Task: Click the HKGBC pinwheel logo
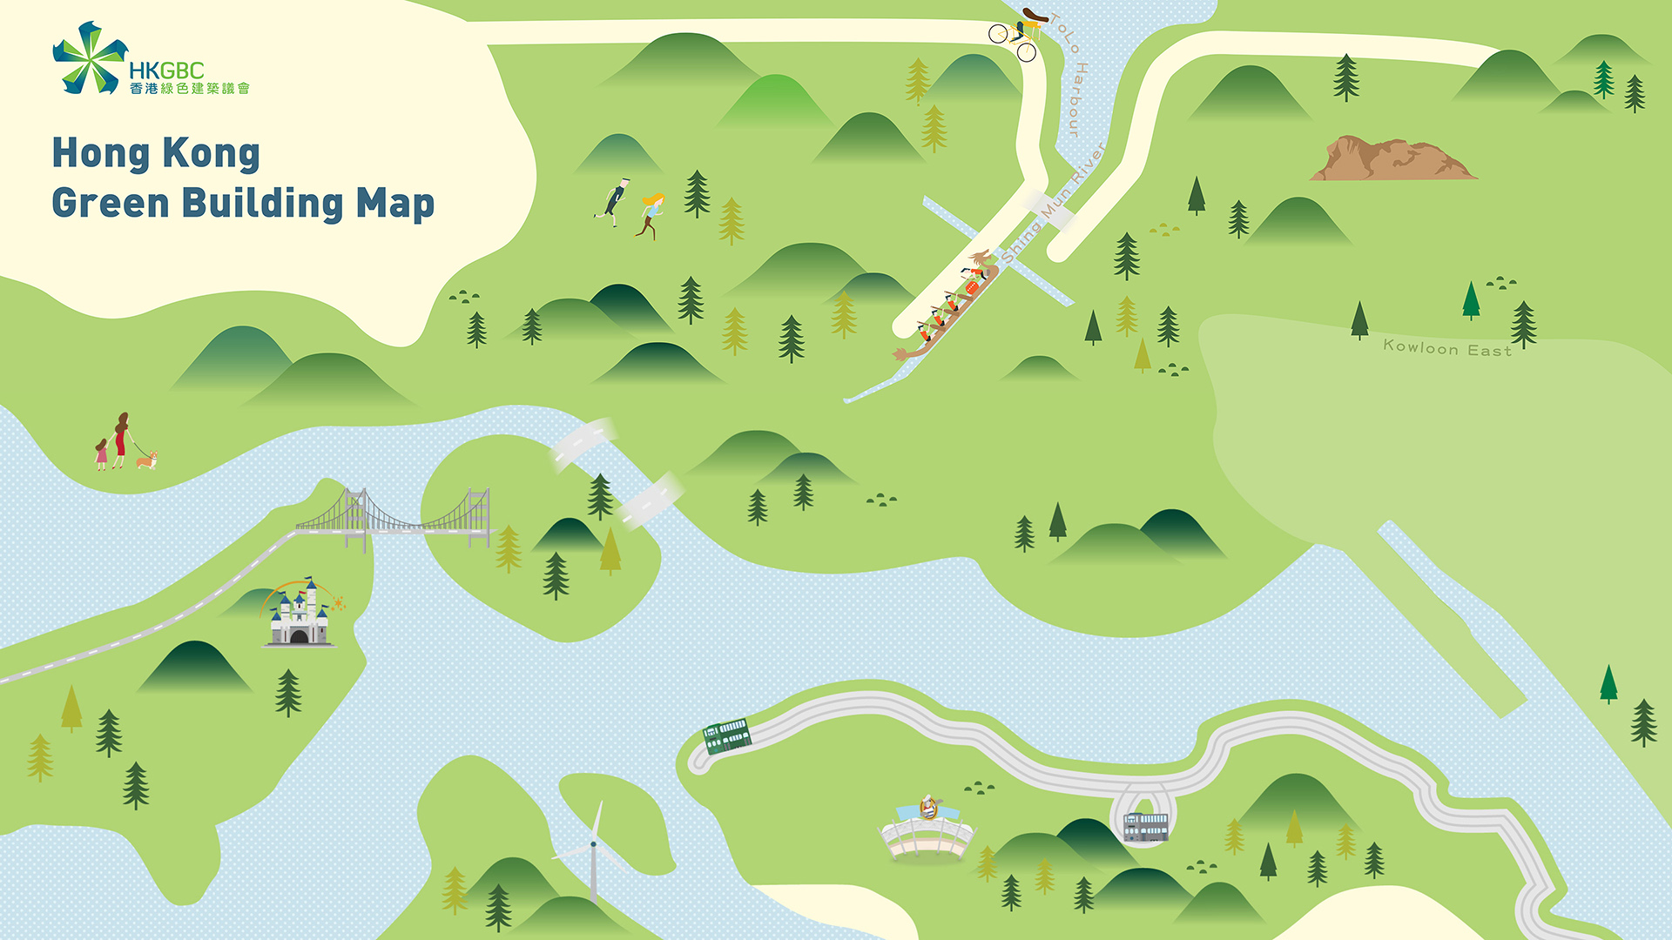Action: click(87, 58)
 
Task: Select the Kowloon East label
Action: click(1446, 348)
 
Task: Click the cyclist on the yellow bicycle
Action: click(1018, 34)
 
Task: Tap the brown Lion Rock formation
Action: click(1390, 159)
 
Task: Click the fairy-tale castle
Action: click(299, 614)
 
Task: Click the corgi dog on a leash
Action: click(146, 459)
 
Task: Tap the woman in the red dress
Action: click(121, 440)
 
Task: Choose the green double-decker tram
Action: click(726, 735)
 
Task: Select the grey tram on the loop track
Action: click(1145, 825)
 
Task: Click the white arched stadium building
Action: click(927, 831)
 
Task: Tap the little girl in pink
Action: click(102, 454)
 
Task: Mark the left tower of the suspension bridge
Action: click(354, 518)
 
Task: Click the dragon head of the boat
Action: click(981, 258)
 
